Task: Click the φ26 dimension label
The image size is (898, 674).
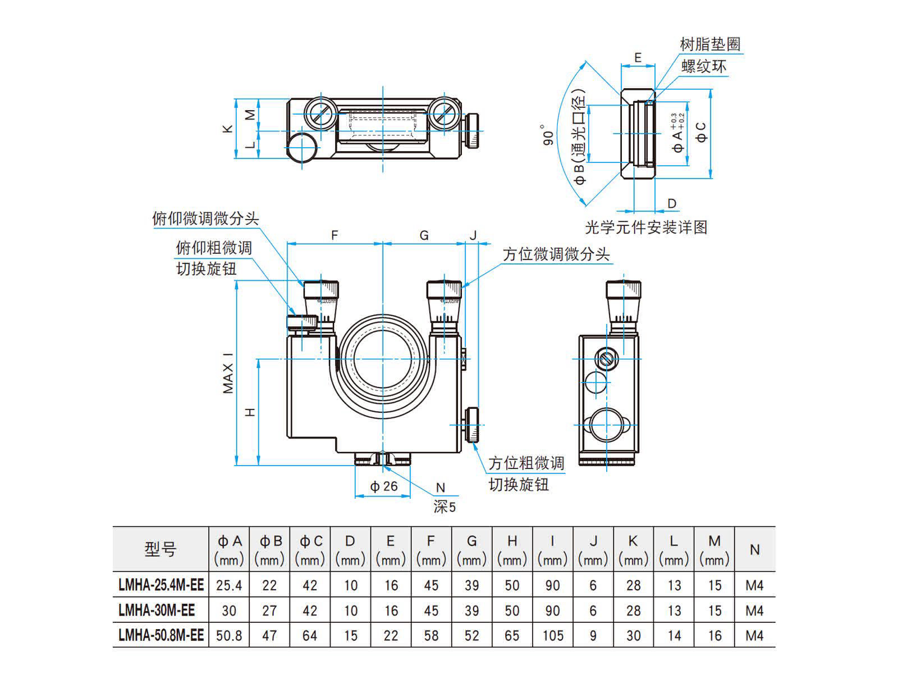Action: coord(384,486)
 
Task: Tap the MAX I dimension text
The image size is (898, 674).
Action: coord(228,372)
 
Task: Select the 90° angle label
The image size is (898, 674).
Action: coord(548,134)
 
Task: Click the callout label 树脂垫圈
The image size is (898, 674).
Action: coord(710,44)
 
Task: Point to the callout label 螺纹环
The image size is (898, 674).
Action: coord(704,66)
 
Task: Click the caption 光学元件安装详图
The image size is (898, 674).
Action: coord(646,227)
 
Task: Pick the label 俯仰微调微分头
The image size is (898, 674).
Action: coord(205,218)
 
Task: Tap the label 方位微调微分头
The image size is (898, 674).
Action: coord(556,254)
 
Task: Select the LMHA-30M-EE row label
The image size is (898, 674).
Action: coord(157,611)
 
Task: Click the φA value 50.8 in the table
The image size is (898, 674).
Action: coord(229,636)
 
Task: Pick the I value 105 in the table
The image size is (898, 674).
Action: coord(553,636)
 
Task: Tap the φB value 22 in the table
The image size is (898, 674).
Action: coord(269,585)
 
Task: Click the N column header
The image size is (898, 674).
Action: coord(755,549)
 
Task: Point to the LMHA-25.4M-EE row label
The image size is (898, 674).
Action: coord(161,585)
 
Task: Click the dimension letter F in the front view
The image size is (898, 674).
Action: coord(335,235)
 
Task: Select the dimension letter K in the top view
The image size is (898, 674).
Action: coord(227,129)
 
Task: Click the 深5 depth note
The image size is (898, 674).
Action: coord(445,507)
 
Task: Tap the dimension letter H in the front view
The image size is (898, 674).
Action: coord(250,412)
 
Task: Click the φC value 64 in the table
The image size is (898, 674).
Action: coord(310,636)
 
